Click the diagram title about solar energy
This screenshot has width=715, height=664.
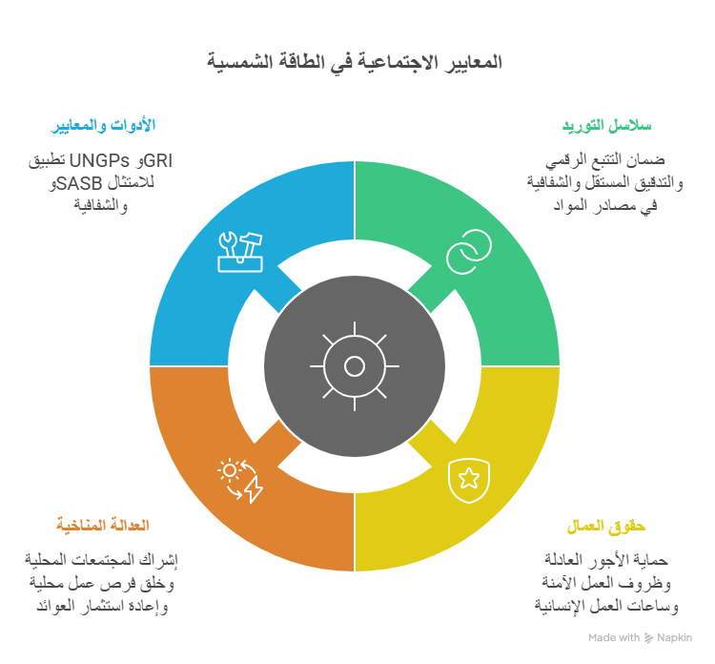355,63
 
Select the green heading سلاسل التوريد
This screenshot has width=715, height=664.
606,125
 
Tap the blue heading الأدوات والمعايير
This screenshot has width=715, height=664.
103,125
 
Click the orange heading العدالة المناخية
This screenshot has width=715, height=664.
103,525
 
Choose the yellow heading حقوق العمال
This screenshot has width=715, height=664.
606,526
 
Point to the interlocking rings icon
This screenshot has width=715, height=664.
469,252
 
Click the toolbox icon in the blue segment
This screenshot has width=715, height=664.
240,252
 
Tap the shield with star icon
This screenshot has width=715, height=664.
469,481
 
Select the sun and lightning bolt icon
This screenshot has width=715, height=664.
240,481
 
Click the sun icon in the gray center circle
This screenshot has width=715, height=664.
355,366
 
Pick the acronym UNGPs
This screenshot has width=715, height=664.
99,160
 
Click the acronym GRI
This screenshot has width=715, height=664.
157,160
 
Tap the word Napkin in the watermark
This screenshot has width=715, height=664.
674,637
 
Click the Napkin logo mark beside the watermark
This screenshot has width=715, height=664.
649,638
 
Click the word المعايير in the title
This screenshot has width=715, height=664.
469,63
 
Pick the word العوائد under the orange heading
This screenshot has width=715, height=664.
55,607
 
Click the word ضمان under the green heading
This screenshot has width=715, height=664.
646,160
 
